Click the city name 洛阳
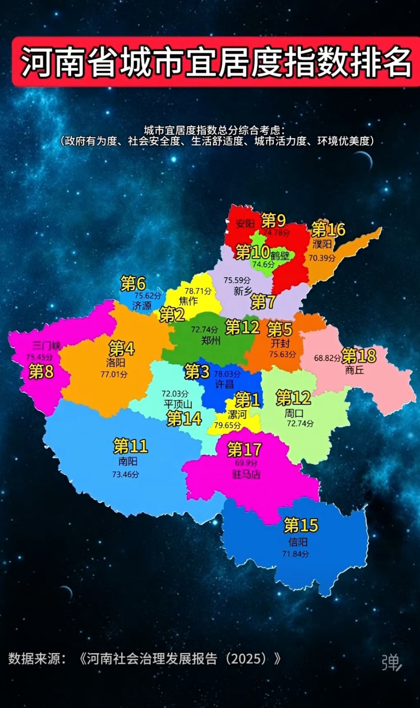pyautogui.click(x=116, y=362)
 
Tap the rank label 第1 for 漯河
pyautogui.click(x=247, y=400)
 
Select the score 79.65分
pyautogui.click(x=227, y=425)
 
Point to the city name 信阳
pyautogui.click(x=298, y=542)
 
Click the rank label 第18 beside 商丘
pyautogui.click(x=359, y=356)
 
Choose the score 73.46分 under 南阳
pyautogui.click(x=125, y=474)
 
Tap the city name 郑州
pyautogui.click(x=211, y=341)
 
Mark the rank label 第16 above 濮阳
pyautogui.click(x=328, y=229)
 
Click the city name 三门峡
pyautogui.click(x=47, y=345)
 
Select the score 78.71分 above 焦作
pyautogui.click(x=198, y=291)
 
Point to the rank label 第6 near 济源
pyautogui.click(x=133, y=283)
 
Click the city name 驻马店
pyautogui.click(x=246, y=474)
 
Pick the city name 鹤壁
pyautogui.click(x=280, y=256)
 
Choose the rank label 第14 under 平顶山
pyautogui.click(x=184, y=418)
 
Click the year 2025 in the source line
pyautogui.click(x=246, y=658)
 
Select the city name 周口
pyautogui.click(x=294, y=413)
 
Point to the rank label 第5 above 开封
pyautogui.click(x=279, y=329)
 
